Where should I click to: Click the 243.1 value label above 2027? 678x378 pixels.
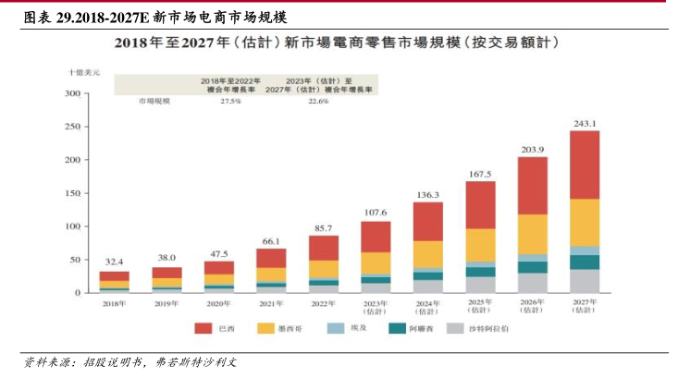585,123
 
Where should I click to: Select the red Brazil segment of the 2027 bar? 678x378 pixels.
585,165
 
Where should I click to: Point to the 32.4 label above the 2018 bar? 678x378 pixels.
114,262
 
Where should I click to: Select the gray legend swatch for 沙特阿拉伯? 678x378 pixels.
455,327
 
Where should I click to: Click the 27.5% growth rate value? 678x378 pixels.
230,101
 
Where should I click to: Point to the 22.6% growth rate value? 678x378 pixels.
318,101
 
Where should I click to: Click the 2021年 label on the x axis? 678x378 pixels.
272,303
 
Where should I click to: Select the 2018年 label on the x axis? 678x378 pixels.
114,303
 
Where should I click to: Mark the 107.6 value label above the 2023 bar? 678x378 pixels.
376,213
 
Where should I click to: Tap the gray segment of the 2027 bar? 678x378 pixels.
585,281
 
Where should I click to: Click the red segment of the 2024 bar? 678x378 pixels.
427,221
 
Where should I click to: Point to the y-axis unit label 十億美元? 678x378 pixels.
84,71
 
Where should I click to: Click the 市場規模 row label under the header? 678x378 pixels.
154,101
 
